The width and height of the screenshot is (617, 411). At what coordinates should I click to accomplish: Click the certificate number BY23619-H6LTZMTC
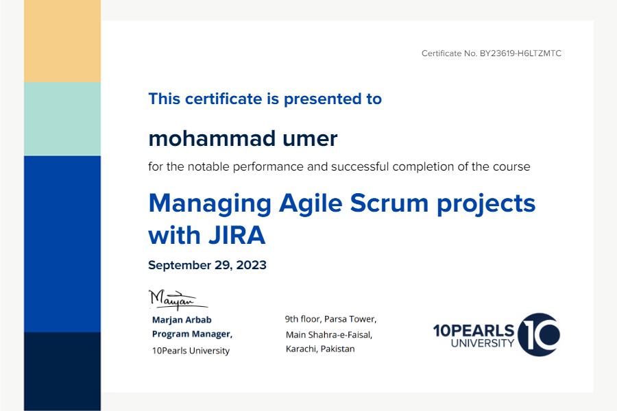520,53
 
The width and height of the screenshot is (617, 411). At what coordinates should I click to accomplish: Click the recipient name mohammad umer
243,138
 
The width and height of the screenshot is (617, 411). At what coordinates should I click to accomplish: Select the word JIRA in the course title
237,235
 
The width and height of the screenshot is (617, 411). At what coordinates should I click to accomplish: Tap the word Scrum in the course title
389,203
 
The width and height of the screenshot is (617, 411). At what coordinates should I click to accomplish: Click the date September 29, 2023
207,265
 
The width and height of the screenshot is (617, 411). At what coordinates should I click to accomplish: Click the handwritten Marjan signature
178,300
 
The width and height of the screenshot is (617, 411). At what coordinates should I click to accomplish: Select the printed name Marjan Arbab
182,320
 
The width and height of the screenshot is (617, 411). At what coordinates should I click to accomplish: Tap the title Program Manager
192,334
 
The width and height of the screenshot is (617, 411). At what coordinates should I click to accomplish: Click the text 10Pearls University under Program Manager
191,351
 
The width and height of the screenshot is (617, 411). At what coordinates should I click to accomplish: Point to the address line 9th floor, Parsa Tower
331,319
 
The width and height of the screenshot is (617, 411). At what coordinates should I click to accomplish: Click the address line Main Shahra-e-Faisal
329,335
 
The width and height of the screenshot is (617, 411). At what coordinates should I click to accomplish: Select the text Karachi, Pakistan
320,349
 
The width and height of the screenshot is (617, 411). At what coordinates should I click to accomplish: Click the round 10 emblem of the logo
539,335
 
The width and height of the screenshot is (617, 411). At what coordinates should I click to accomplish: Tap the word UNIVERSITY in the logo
483,343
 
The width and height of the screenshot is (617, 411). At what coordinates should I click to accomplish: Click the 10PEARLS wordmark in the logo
474,331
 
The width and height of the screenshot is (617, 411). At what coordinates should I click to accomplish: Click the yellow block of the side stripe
62,41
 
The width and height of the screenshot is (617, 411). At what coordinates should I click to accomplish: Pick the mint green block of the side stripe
62,119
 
